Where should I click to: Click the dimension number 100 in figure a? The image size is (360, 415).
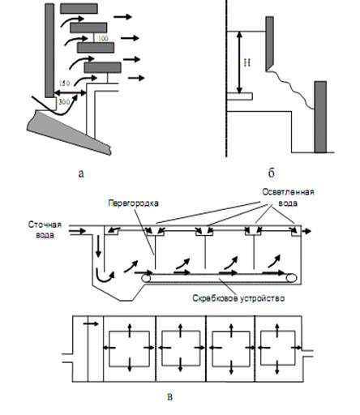[x=103, y=38]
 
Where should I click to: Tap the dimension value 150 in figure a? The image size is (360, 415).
[x=64, y=83]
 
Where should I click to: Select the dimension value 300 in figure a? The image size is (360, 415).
[x=64, y=102]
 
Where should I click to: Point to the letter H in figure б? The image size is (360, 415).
[x=247, y=63]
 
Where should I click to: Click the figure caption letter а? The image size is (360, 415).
[x=81, y=173]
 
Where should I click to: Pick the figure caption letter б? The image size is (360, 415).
[x=272, y=173]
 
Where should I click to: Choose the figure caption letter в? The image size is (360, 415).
[x=169, y=397]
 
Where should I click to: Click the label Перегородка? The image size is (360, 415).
[x=133, y=203]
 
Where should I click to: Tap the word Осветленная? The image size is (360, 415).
[x=288, y=192]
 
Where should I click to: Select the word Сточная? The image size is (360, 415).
[x=45, y=225]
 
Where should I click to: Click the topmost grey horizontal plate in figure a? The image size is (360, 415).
[x=79, y=9]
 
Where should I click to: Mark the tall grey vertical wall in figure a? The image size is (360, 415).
[x=49, y=50]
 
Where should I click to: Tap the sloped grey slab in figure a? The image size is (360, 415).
[x=69, y=132]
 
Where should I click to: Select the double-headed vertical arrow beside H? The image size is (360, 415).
[x=239, y=62]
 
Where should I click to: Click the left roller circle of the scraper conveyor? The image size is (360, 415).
[x=147, y=278]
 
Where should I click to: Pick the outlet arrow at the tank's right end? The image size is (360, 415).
[x=306, y=231]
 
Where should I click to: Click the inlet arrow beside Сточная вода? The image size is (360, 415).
[x=78, y=231]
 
